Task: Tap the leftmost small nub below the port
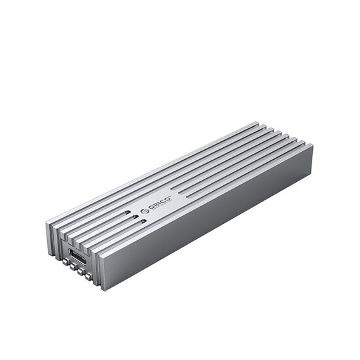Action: coord(66,262)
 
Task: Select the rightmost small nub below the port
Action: coord(88,277)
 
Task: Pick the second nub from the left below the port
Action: coord(73,266)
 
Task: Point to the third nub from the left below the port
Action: coord(81,272)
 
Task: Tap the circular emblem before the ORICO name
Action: coord(145,211)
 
